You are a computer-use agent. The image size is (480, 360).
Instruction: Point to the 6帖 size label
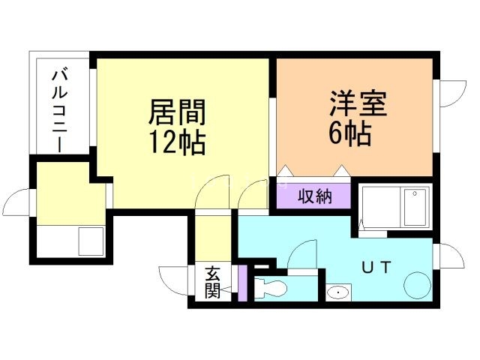click(349, 133)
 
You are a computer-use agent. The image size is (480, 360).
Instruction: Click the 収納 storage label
click(315, 196)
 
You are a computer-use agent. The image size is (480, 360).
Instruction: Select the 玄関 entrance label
click(212, 283)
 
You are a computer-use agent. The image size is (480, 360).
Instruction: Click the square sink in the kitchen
click(91, 241)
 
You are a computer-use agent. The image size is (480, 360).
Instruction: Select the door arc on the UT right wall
click(444, 255)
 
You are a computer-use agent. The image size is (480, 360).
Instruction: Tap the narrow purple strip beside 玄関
click(242, 283)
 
